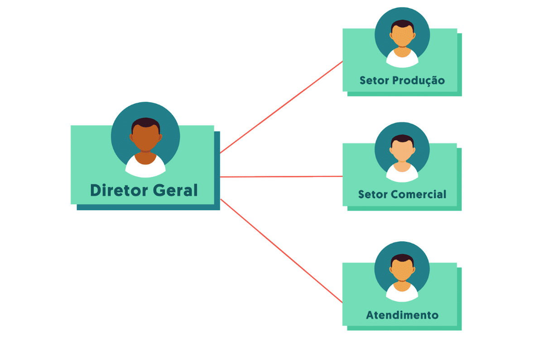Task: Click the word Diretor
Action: click(x=119, y=190)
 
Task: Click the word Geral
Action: click(x=175, y=190)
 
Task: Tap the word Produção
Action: click(x=418, y=81)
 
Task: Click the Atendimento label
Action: click(x=402, y=315)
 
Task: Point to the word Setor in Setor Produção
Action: click(x=374, y=81)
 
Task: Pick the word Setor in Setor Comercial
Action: click(x=373, y=194)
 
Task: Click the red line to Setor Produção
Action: click(x=282, y=107)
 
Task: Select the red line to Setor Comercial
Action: click(x=282, y=177)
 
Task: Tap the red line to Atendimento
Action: click(x=282, y=251)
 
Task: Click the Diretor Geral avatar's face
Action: click(x=145, y=138)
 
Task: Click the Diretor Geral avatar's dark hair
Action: click(x=146, y=123)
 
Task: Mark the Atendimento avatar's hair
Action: click(x=402, y=258)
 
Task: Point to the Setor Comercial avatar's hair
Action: click(x=402, y=139)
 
